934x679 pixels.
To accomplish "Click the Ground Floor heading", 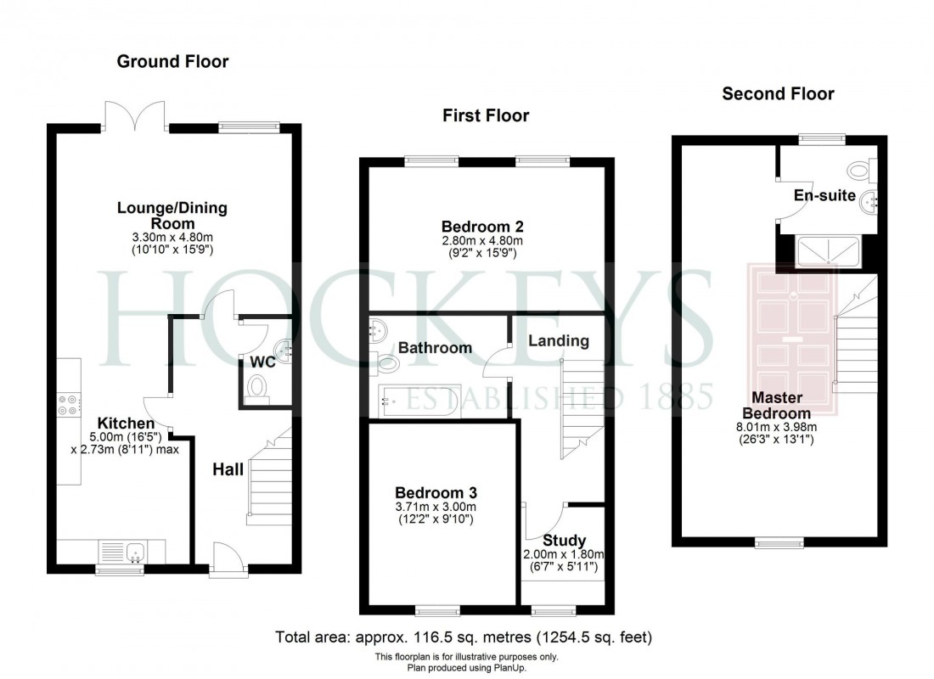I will tap(172, 61).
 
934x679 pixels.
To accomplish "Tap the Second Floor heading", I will tap(778, 93).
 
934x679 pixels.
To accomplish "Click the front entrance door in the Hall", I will tap(226, 560).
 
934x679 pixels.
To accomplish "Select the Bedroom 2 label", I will tap(482, 227).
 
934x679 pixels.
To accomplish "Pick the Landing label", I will tap(558, 341).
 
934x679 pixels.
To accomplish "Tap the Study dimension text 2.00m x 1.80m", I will tap(564, 555).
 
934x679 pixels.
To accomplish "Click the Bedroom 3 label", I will tap(436, 492).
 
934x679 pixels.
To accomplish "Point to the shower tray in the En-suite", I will tap(829, 250).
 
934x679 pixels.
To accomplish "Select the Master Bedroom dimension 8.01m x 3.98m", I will tap(776, 428).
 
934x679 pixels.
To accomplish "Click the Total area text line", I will tap(464, 637).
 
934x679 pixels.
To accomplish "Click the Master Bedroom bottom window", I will tap(779, 542).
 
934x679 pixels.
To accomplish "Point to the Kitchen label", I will tap(126, 424).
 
